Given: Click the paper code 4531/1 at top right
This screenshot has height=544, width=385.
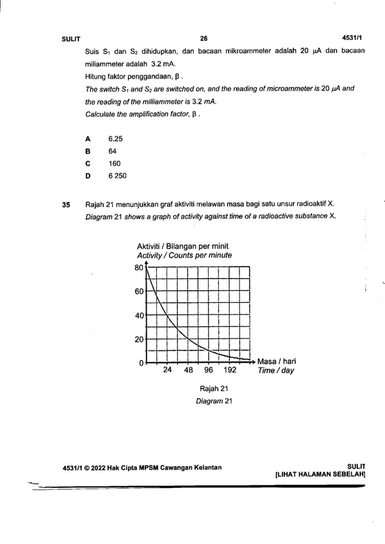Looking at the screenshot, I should click(351, 39).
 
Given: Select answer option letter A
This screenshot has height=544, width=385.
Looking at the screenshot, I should click(88, 138).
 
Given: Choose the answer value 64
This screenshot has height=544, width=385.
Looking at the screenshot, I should click(113, 151).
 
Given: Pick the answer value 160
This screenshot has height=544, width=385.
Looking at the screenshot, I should click(115, 163).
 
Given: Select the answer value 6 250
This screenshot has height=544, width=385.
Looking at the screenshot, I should click(118, 176).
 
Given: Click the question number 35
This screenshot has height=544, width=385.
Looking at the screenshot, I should click(68, 204).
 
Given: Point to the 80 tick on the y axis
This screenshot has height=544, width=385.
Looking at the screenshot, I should click(139, 267).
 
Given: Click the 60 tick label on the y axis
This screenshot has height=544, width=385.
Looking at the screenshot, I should click(139, 291).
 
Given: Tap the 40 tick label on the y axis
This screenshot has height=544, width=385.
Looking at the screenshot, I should click(139, 315).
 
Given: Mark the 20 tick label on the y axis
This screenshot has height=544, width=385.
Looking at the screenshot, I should click(139, 340).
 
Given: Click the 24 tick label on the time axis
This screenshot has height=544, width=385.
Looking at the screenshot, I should click(168, 371).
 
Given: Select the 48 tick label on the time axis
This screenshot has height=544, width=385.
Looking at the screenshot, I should click(188, 371).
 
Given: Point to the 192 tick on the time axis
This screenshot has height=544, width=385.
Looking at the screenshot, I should click(230, 371).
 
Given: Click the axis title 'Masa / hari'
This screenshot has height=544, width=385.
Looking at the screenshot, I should click(276, 362).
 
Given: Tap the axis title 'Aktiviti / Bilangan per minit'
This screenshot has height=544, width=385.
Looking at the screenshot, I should click(183, 247).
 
